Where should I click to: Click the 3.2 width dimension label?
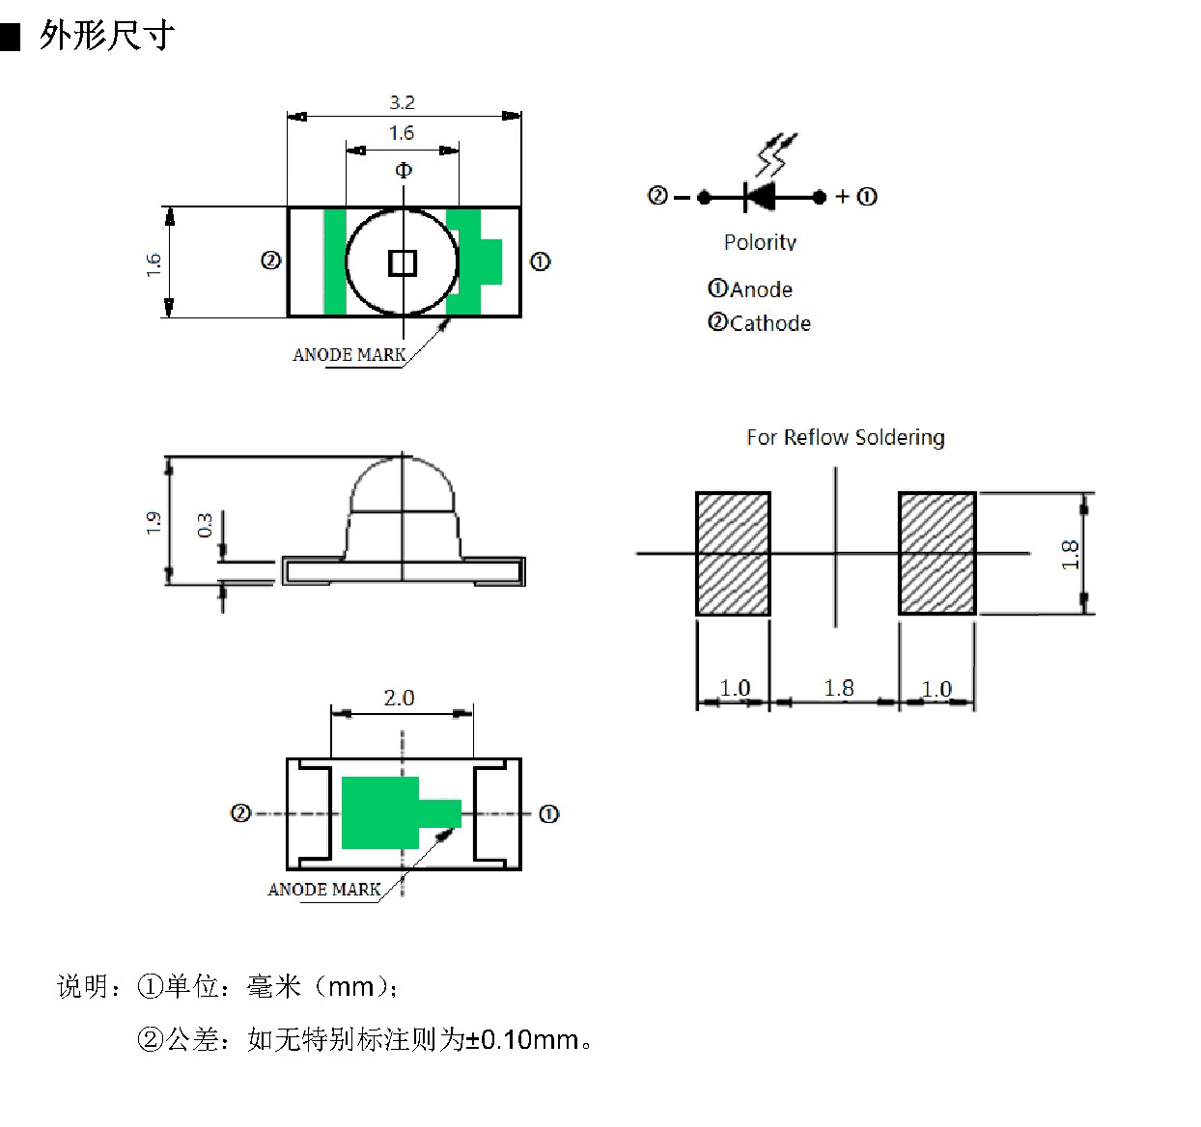pos(403,102)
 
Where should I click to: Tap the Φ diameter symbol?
pos(404,170)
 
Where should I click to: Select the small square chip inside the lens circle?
pos(403,263)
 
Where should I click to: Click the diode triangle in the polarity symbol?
pos(762,197)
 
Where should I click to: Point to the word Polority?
pos(760,242)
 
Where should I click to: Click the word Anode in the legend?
pos(762,289)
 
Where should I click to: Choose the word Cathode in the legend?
pos(770,323)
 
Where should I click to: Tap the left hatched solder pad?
pos(733,553)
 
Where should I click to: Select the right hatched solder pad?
pos(936,553)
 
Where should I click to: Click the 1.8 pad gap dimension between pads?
pos(839,688)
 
